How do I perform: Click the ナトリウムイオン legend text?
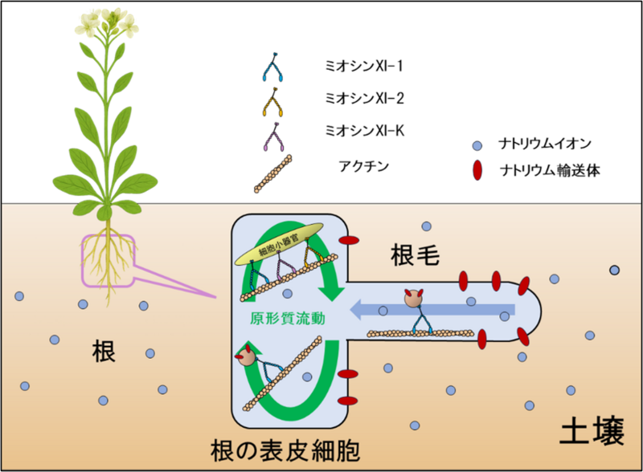[x=546, y=144]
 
